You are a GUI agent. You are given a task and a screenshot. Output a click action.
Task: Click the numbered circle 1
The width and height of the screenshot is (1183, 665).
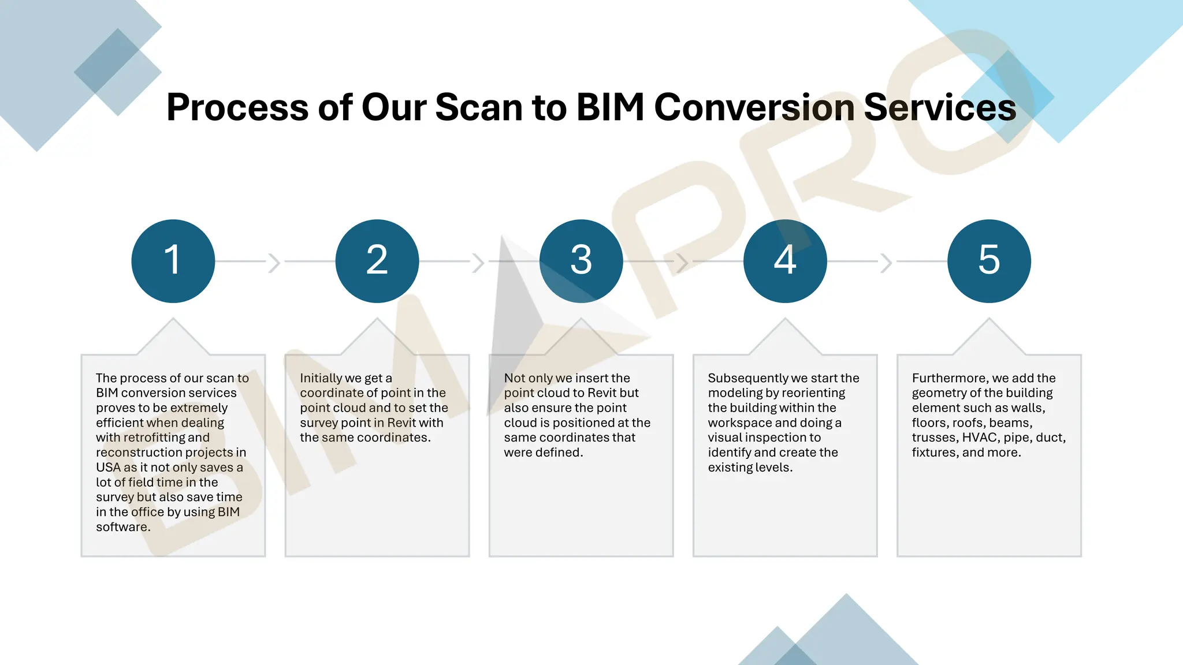pos(173,261)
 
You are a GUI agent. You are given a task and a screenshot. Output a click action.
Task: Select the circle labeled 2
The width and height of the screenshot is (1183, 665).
pos(377,261)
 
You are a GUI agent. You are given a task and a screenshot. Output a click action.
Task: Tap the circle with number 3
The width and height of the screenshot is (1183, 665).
pos(581,261)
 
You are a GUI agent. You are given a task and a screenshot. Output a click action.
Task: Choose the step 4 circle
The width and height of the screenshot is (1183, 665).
pos(785,261)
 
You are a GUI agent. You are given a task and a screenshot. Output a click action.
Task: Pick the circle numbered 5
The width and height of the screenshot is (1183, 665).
pos(989,261)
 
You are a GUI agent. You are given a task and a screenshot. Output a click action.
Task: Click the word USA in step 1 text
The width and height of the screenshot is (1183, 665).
pos(108,468)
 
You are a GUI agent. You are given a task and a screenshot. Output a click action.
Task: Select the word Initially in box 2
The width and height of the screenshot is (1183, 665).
pos(321,378)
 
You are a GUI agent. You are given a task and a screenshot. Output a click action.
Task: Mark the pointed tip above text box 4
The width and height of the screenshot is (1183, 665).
pos(785,319)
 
